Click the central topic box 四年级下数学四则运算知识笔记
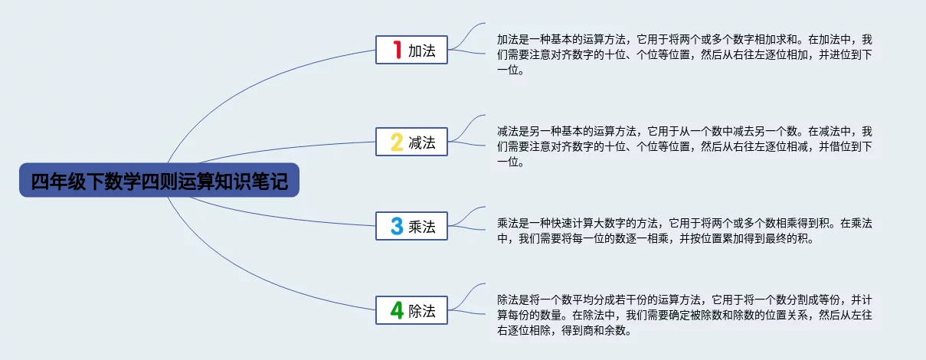tap(159, 180)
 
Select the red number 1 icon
tap(398, 50)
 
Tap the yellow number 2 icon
tap(397, 142)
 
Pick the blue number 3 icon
tap(397, 226)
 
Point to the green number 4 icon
tap(397, 310)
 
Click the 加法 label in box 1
tap(422, 51)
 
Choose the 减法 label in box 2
tap(422, 142)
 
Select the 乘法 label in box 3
tap(422, 227)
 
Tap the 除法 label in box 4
tap(422, 311)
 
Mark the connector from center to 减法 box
tap(285, 148)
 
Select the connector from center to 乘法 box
tap(281, 218)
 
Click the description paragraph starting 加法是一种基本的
tap(685, 54)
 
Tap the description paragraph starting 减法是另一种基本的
tap(685, 147)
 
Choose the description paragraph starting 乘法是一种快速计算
tap(685, 231)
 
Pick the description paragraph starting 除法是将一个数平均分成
tap(685, 315)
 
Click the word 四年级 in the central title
tap(58, 181)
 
